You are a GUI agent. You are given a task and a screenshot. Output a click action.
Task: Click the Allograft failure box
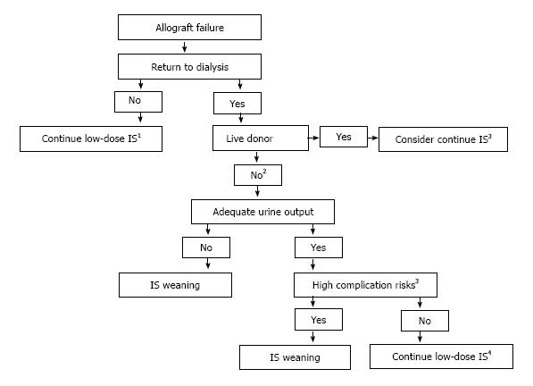[x=189, y=27]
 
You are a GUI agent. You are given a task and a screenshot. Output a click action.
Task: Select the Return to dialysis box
[x=189, y=67]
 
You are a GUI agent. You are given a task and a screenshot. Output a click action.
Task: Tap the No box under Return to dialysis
[x=138, y=102]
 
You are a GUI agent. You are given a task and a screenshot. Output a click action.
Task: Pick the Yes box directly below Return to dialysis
[x=237, y=103]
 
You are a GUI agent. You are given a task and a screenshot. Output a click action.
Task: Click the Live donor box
[x=261, y=138]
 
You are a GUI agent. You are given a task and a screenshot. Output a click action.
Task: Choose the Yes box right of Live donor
[x=344, y=137]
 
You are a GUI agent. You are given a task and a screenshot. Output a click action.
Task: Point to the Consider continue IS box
[x=443, y=139]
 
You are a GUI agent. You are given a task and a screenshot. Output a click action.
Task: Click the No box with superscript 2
[x=258, y=175]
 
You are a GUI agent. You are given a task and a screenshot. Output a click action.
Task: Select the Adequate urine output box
[x=262, y=212]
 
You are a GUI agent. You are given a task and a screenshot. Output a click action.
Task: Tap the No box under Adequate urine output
[x=206, y=248]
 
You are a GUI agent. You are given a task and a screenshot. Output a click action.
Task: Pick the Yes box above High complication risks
[x=319, y=248]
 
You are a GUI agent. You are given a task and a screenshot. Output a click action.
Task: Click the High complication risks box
[x=365, y=285]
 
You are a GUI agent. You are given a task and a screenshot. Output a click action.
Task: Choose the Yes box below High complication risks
[x=319, y=319]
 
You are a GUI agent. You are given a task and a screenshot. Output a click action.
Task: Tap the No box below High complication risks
[x=425, y=321]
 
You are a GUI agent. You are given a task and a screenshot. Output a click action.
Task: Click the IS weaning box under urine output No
[x=175, y=285]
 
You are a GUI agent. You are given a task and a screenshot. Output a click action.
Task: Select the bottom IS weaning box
[x=295, y=357]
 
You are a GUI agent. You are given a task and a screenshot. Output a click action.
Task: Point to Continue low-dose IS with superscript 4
[x=442, y=357]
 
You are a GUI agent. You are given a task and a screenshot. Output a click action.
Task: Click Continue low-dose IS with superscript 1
[x=91, y=138]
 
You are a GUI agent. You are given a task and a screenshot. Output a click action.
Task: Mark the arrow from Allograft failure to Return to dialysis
[x=185, y=47]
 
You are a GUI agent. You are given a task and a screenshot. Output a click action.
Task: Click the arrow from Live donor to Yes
[x=313, y=138]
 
